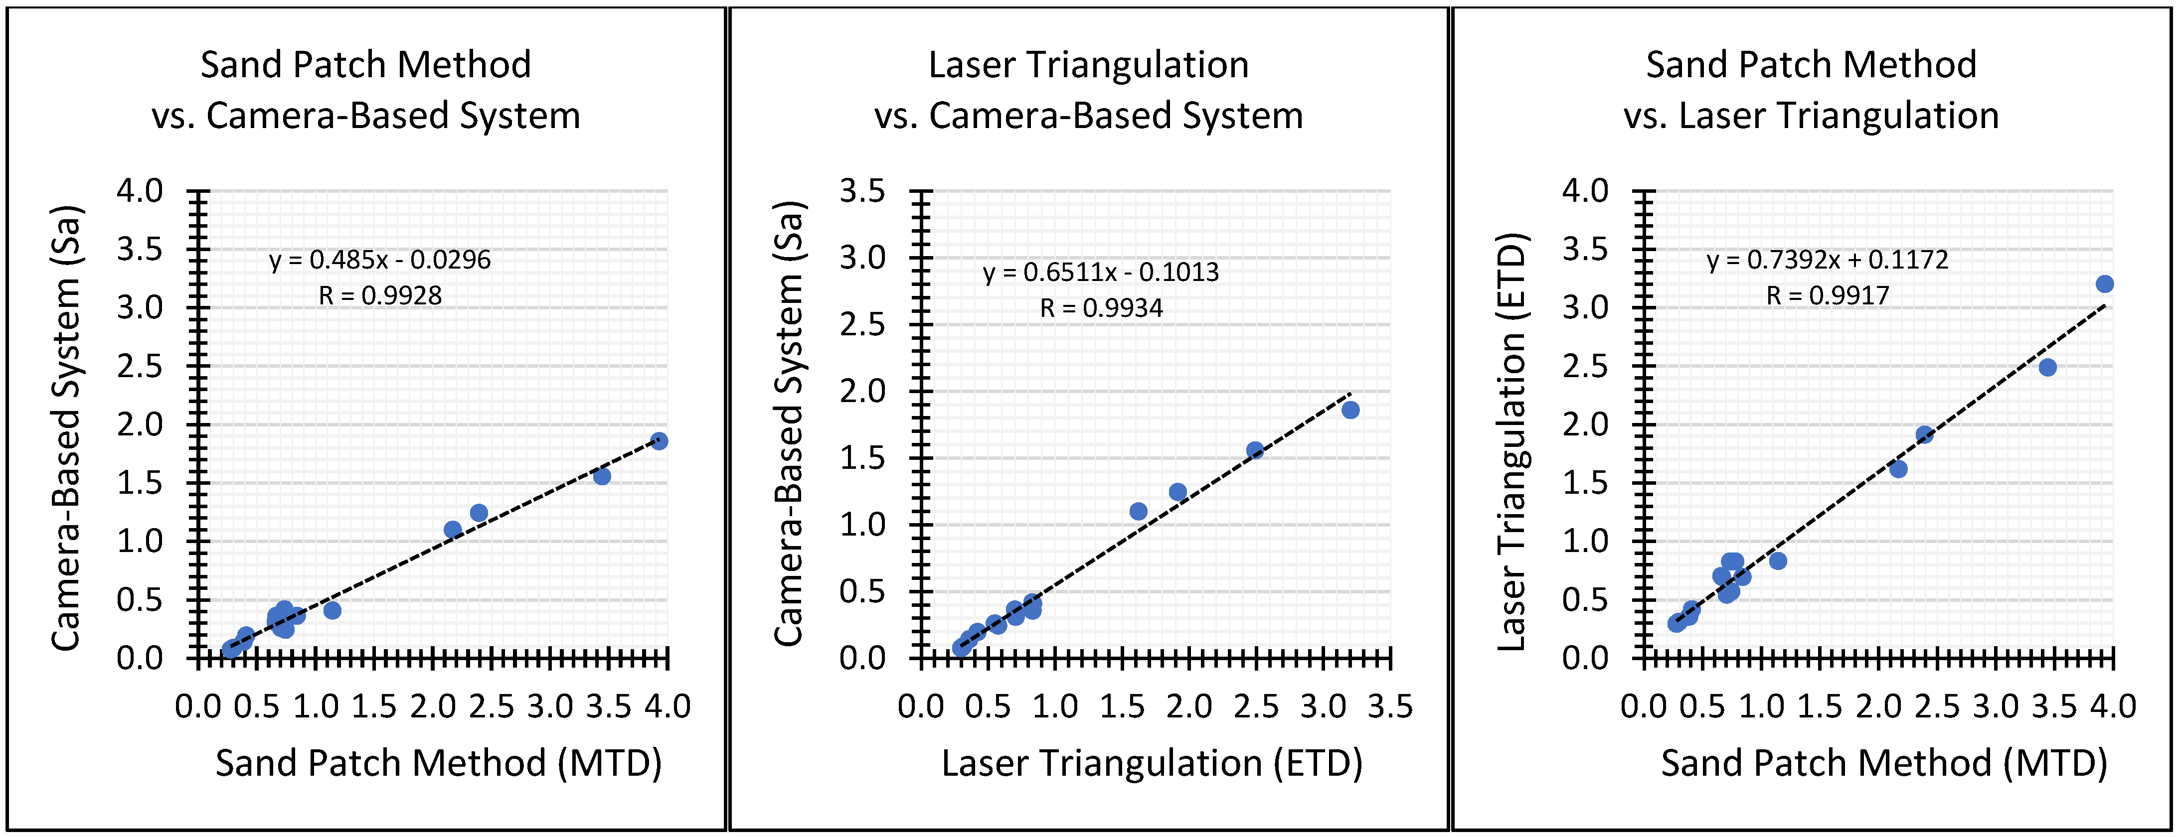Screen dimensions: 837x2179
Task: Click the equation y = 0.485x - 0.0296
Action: click(380, 260)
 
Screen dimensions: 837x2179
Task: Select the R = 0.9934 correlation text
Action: click(1101, 308)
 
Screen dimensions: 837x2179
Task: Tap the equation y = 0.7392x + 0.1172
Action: click(1827, 260)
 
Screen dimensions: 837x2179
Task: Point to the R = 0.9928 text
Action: click(380, 295)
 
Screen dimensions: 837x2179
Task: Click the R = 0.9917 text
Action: click(1827, 295)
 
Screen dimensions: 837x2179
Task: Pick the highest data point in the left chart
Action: click(659, 440)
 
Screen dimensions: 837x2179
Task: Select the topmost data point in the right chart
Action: click(2105, 284)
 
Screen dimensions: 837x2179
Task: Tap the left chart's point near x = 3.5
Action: click(601, 476)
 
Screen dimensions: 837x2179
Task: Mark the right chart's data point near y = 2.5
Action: click(2047, 367)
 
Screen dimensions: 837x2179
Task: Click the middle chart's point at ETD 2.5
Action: click(1254, 450)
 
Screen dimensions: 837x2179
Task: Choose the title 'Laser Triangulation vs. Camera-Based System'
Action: click(1089, 90)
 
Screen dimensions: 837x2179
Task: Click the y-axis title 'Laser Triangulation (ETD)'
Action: click(1511, 441)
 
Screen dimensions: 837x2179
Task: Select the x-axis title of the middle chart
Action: click(1152, 763)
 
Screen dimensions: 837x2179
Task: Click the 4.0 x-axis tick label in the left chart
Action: click(668, 706)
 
